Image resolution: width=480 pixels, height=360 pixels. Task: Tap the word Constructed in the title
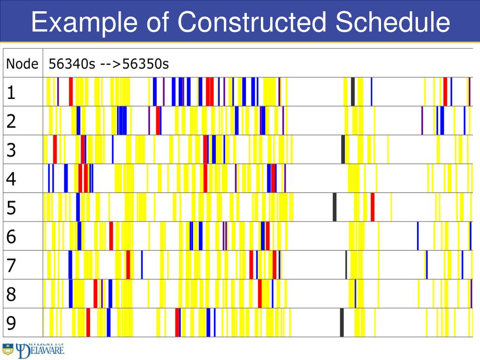(x=251, y=23)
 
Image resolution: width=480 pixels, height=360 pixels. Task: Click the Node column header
(x=22, y=63)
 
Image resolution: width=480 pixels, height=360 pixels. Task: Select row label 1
(x=11, y=92)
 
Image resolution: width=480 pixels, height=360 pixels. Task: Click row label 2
(x=11, y=121)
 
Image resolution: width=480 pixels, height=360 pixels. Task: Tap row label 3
(x=11, y=150)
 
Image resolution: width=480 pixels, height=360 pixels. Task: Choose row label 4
(x=11, y=179)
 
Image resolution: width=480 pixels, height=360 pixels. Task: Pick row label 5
(x=11, y=207)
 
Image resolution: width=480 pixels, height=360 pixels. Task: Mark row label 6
(x=11, y=237)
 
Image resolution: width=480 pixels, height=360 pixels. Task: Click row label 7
(x=11, y=265)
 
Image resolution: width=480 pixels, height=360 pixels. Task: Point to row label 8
(x=11, y=294)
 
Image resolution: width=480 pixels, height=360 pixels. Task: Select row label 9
(x=11, y=323)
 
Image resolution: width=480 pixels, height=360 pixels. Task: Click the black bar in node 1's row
(x=353, y=92)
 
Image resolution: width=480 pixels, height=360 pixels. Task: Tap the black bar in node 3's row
(x=343, y=149)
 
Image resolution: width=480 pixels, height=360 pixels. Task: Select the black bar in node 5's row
(x=335, y=207)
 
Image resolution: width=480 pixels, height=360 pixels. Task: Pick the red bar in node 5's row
(x=373, y=207)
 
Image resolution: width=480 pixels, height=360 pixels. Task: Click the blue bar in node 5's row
(x=78, y=207)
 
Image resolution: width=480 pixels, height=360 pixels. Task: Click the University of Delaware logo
(x=33, y=350)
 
